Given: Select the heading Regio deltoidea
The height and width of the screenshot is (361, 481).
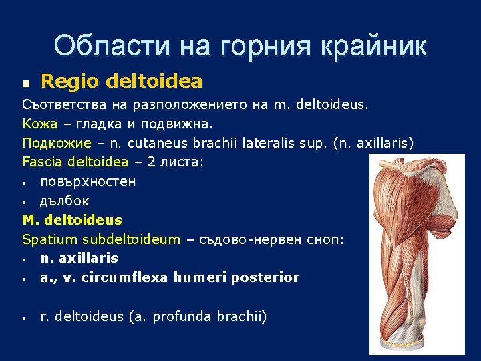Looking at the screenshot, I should tap(122, 82).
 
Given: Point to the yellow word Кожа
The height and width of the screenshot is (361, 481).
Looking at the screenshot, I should tap(39, 124).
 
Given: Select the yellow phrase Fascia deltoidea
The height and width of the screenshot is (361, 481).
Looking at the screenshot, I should tap(75, 162).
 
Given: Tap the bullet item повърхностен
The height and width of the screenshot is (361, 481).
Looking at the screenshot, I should tap(88, 181).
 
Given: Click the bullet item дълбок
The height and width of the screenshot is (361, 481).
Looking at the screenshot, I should tap(64, 201).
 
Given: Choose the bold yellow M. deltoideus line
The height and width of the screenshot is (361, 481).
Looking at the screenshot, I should tap(72, 219).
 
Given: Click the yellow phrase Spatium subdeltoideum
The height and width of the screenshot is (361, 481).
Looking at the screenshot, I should tap(101, 239).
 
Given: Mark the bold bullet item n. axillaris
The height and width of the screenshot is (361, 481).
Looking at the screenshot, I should tap(79, 258).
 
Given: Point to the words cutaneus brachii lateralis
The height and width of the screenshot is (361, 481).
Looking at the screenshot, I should tap(214, 143).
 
